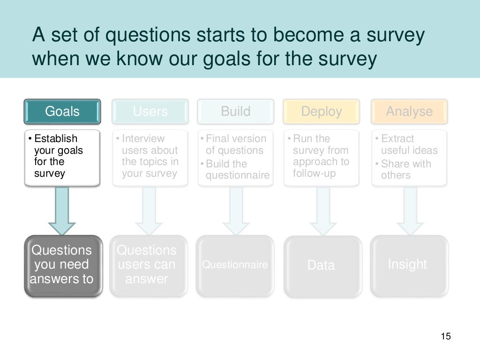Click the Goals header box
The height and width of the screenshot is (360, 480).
(62, 112)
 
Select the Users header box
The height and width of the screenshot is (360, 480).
(150, 112)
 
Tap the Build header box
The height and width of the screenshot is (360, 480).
(235, 112)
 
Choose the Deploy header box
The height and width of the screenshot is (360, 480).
(322, 112)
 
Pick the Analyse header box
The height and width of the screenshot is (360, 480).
(409, 112)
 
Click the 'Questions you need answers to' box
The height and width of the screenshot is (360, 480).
(63, 265)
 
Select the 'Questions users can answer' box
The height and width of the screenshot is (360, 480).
(148, 265)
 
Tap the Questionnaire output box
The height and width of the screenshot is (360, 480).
(235, 265)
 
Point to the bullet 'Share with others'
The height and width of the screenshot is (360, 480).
(405, 170)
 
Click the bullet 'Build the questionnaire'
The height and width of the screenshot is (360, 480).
(237, 170)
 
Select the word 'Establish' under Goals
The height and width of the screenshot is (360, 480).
(56, 139)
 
